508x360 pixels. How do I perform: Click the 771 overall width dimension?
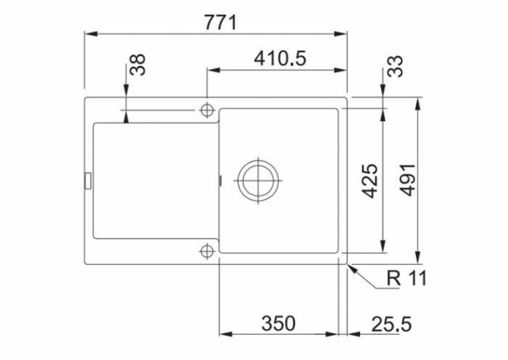click(x=221, y=22)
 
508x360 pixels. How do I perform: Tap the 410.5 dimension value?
click(x=280, y=59)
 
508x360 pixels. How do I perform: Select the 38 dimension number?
click(x=138, y=65)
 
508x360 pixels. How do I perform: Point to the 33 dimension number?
click(x=395, y=67)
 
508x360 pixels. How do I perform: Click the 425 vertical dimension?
click(x=369, y=181)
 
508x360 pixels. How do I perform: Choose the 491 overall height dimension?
click(x=407, y=180)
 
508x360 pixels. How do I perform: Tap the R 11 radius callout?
click(x=407, y=278)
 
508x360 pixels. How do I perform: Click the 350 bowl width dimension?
click(x=278, y=324)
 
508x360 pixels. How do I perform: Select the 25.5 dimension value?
click(x=391, y=324)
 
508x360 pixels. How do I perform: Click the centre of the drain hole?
click(x=258, y=180)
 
